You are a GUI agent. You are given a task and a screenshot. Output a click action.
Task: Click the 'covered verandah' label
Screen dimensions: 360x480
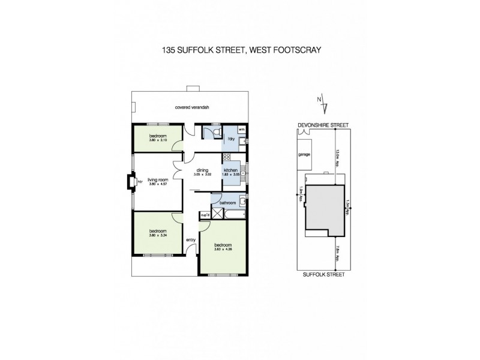187,108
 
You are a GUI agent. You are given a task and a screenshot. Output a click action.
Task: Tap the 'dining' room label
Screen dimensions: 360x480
201,170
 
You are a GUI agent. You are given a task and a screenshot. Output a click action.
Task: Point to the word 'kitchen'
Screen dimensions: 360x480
232,170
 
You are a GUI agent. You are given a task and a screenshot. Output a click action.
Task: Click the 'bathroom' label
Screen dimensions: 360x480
227,203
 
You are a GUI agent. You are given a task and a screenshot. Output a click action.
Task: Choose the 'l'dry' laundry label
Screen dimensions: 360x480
230,140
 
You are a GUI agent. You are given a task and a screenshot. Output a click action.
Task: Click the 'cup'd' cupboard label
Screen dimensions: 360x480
204,214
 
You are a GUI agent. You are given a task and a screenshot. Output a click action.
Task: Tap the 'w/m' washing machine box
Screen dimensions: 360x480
242,129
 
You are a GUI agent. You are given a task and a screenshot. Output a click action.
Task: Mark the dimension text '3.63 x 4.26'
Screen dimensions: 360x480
223,249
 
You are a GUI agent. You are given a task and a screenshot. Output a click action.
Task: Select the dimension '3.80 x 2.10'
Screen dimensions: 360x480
158,140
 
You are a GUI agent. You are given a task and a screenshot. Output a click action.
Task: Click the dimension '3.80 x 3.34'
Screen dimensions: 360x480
158,235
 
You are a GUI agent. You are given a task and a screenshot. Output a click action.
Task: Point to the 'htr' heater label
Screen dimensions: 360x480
140,181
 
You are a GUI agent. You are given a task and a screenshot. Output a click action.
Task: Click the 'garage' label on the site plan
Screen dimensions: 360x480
304,154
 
